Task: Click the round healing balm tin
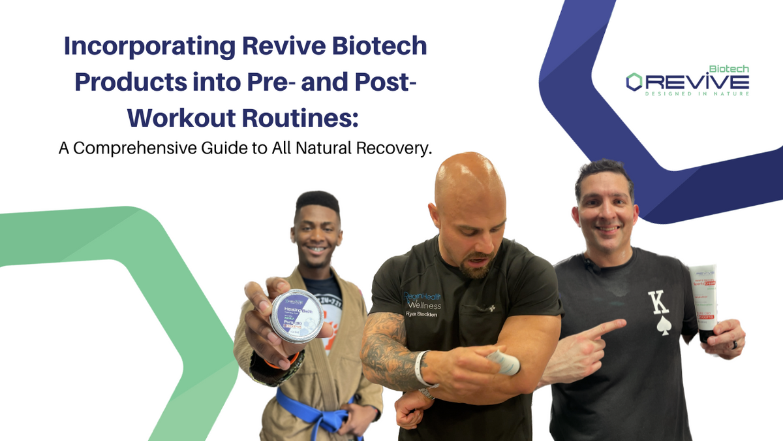(297, 316)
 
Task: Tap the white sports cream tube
(703, 301)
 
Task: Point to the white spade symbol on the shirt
(664, 327)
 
